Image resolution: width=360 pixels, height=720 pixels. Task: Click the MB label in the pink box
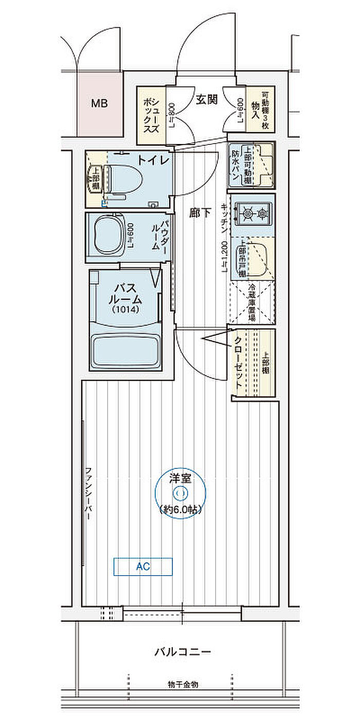[99, 103]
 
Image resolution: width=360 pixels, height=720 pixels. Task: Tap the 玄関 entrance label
[206, 100]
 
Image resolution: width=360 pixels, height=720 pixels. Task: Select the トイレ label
[153, 160]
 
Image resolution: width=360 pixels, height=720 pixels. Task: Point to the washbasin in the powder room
[108, 235]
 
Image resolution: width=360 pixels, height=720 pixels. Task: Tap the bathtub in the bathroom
[126, 350]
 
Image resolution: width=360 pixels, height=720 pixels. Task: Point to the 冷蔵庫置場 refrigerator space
[252, 304]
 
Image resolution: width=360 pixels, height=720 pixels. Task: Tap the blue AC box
[143, 567]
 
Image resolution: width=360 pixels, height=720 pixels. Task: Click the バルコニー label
[183, 652]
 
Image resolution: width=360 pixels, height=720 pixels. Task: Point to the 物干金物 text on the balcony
[183, 685]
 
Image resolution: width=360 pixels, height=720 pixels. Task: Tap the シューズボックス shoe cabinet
[151, 115]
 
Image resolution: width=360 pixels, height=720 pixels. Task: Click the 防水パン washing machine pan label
[235, 165]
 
